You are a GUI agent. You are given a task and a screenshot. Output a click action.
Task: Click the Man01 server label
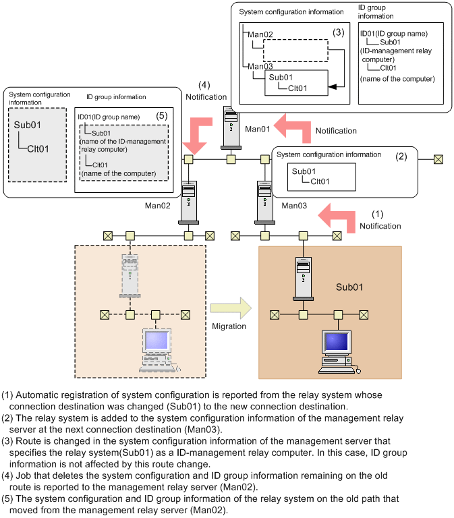(x=257, y=128)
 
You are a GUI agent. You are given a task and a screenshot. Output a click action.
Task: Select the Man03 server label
(x=295, y=205)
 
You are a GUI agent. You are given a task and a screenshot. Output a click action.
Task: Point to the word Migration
(x=229, y=326)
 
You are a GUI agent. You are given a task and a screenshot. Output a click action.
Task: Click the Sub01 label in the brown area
(x=349, y=287)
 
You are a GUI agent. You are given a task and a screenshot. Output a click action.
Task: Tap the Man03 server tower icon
(x=264, y=200)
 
